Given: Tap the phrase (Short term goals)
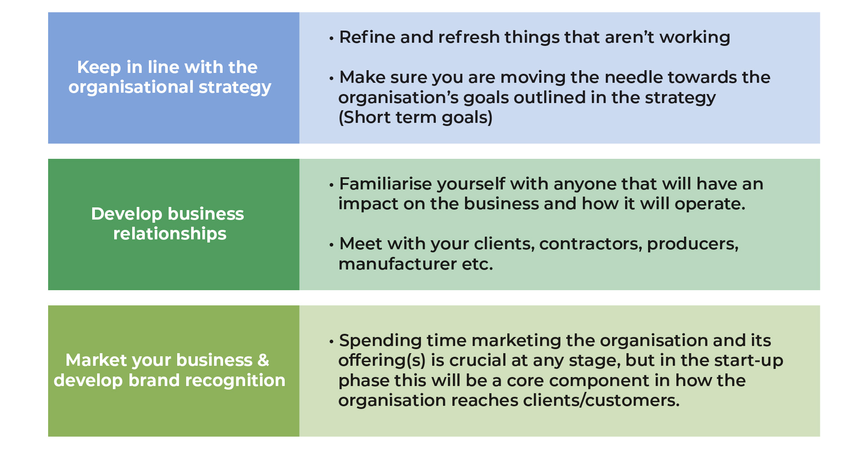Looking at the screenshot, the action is click(x=416, y=117).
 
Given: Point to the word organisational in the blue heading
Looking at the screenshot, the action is click(x=131, y=87).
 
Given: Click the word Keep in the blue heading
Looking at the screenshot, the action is click(x=99, y=67).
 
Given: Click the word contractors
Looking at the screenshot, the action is click(x=591, y=244).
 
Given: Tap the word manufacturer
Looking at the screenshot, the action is click(x=398, y=264).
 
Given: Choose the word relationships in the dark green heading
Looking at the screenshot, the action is click(x=170, y=234).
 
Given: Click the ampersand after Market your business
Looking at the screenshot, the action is click(x=263, y=360).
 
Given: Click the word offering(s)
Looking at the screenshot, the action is click(x=382, y=360).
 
